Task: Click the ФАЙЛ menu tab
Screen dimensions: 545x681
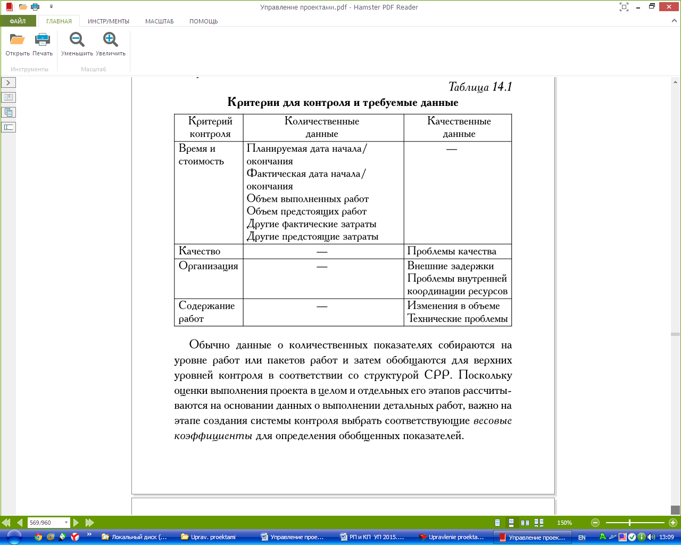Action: pyautogui.click(x=18, y=21)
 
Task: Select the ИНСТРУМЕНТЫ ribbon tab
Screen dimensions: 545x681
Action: pyautogui.click(x=109, y=21)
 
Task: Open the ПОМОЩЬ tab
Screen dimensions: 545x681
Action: pyautogui.click(x=203, y=21)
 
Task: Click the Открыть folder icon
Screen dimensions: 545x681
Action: pyautogui.click(x=17, y=40)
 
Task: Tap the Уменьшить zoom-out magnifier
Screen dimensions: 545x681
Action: pyautogui.click(x=77, y=40)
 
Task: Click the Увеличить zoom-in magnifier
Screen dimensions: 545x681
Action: pyautogui.click(x=111, y=40)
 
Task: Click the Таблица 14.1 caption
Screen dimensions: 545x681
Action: pyautogui.click(x=480, y=87)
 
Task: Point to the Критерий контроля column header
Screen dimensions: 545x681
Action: pyautogui.click(x=210, y=127)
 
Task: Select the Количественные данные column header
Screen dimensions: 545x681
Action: pyautogui.click(x=322, y=127)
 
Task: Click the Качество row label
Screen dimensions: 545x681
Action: pyautogui.click(x=200, y=251)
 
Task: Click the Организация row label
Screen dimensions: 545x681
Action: pyautogui.click(x=209, y=266)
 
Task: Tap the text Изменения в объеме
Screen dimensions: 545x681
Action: pyautogui.click(x=453, y=305)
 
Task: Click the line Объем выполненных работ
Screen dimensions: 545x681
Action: pyautogui.click(x=308, y=199)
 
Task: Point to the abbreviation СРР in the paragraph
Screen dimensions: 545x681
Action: pyautogui.click(x=438, y=375)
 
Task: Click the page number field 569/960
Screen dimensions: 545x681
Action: pyautogui.click(x=48, y=523)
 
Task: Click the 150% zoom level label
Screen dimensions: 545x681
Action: pyautogui.click(x=564, y=523)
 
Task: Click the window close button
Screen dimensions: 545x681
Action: pyautogui.click(x=668, y=6)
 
